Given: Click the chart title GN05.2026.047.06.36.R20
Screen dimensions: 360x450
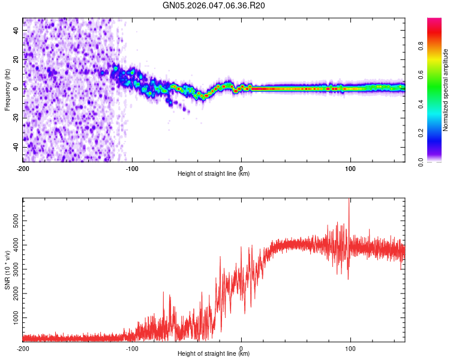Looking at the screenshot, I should click(214, 5).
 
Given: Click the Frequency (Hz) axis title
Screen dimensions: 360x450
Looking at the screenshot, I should click(8, 90).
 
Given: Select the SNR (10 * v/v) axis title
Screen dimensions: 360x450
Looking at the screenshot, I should click(8, 271).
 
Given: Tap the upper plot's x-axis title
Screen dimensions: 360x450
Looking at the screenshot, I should click(214, 174).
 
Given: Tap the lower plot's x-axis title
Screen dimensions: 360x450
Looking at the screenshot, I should click(214, 354).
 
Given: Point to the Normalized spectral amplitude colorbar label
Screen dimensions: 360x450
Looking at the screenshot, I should click(445, 90).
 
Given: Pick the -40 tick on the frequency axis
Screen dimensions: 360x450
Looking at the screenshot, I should click(16, 146).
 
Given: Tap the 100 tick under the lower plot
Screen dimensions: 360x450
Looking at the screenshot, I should click(350, 349).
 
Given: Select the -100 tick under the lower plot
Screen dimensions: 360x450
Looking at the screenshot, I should click(132, 349).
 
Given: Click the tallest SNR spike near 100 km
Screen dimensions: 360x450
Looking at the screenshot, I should click(349, 202).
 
